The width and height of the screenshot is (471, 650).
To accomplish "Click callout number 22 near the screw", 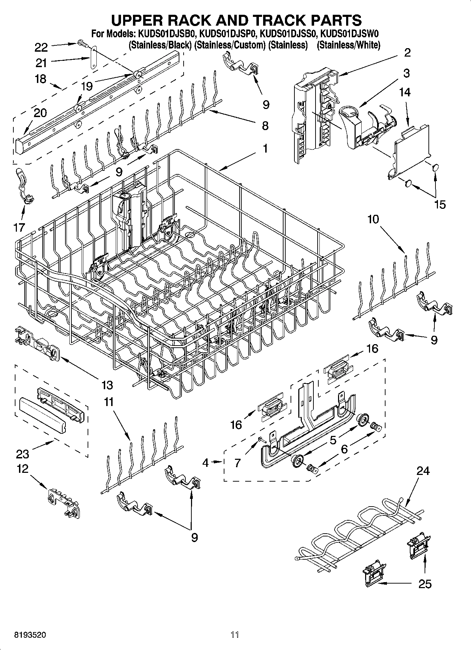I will [41, 47].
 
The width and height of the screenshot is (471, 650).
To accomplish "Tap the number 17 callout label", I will [19, 227].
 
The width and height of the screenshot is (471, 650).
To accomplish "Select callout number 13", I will [107, 385].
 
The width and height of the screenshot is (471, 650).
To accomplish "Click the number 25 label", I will [425, 584].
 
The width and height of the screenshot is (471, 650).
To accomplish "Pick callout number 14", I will [405, 92].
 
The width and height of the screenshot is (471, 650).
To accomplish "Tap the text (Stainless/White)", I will [348, 45].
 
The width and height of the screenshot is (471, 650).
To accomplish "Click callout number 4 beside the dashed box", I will [205, 463].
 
